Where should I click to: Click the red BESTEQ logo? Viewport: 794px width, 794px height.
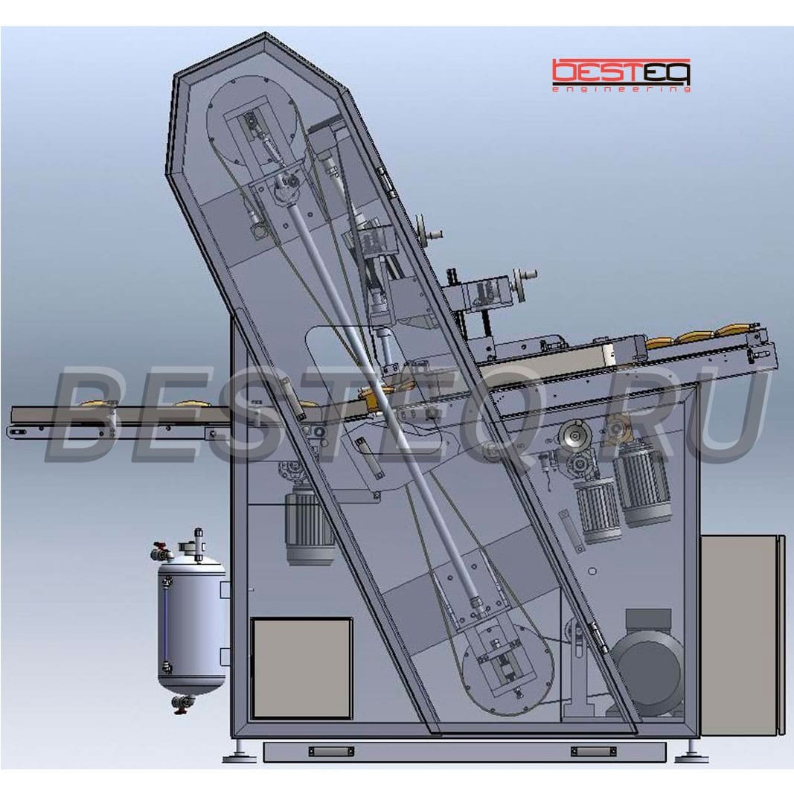(621, 71)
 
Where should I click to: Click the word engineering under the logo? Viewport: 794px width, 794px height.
(621, 89)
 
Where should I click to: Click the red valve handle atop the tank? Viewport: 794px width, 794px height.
(159, 548)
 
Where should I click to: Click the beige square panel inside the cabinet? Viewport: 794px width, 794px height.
(302, 668)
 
